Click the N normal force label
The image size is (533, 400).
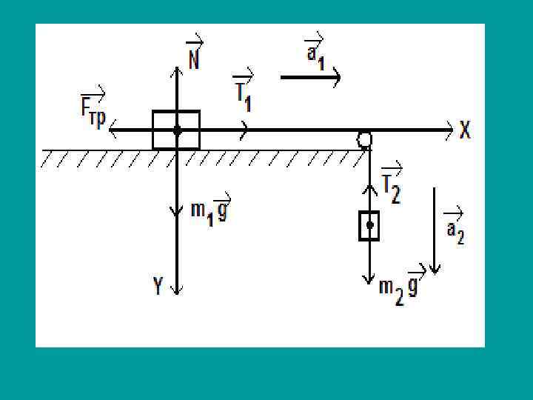coord(194,54)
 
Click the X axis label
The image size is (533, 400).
coord(465,130)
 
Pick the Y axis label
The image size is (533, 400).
coord(158,286)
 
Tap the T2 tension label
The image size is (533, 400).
coord(391,184)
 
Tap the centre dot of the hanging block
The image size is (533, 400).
coord(369,225)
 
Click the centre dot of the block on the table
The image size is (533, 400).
coord(177,130)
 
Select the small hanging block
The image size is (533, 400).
coord(369,226)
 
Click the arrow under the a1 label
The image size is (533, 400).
coord(310,76)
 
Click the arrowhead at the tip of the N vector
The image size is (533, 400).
coord(177,71)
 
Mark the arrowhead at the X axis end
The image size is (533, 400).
coord(449,130)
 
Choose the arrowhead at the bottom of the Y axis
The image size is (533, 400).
coord(176,290)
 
